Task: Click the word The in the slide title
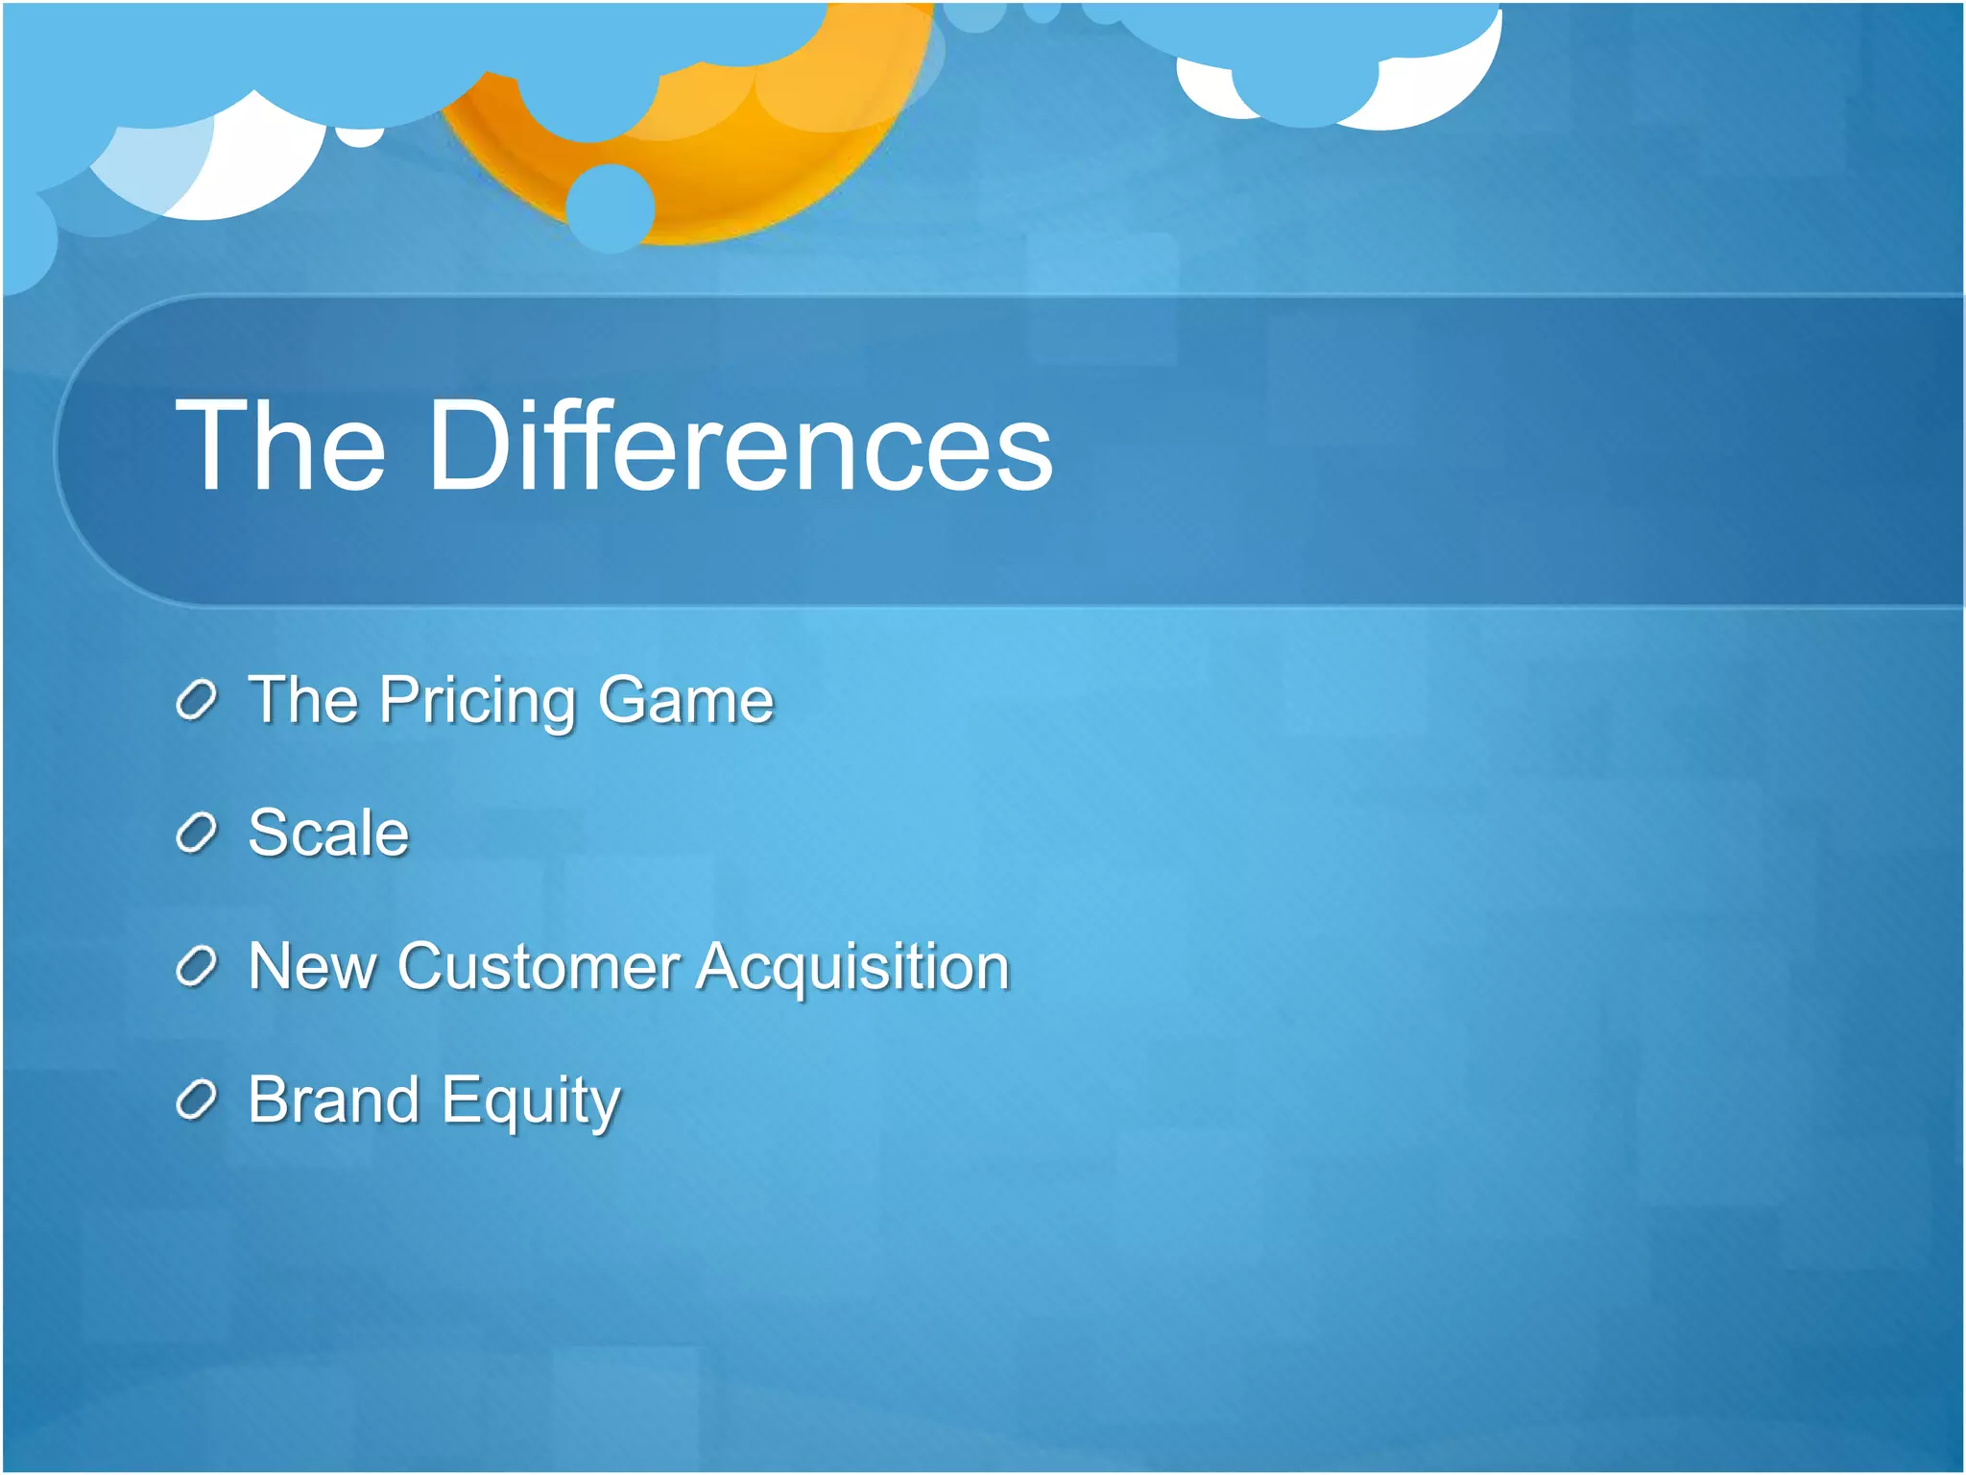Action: (x=280, y=447)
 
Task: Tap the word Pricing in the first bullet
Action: (x=477, y=701)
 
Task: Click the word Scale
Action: (x=327, y=833)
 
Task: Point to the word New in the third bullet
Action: (x=311, y=966)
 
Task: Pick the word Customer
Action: (x=539, y=966)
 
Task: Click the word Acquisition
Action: (x=852, y=968)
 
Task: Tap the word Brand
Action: (x=333, y=1100)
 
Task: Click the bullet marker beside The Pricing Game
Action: (x=197, y=702)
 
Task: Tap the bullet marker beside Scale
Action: (x=197, y=834)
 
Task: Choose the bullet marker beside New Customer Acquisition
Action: (x=197, y=967)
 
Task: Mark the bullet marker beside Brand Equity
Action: (x=197, y=1100)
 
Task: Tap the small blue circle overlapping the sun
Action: (x=611, y=207)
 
